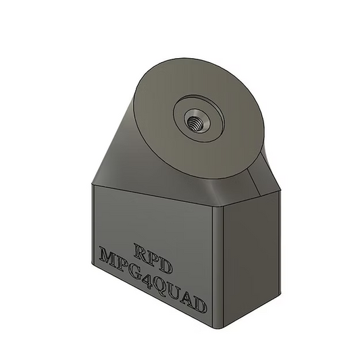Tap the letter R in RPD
click(x=143, y=250)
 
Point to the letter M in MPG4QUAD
click(x=109, y=257)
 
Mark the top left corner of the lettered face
click(x=93, y=185)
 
